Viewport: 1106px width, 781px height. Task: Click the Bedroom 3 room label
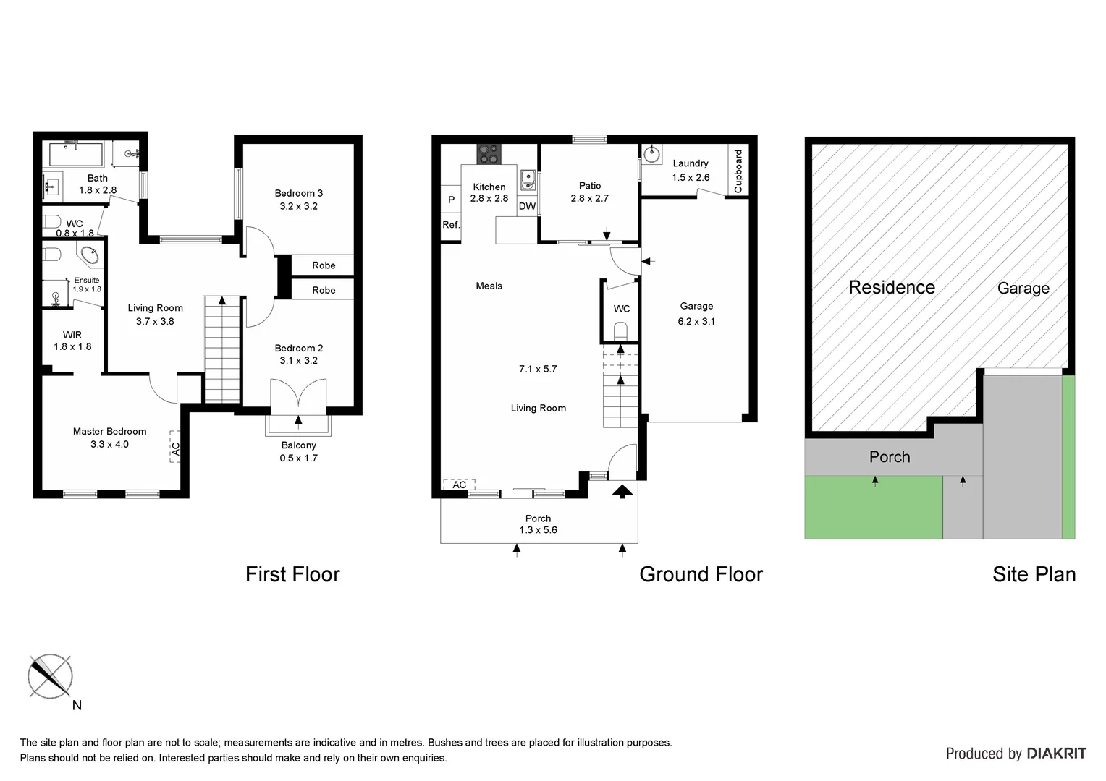coord(298,193)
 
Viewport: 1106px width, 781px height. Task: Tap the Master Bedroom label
coord(109,432)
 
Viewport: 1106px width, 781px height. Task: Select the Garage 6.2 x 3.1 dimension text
coord(696,322)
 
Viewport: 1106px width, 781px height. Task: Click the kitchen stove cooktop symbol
coord(489,154)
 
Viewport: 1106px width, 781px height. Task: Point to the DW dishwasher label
coord(527,206)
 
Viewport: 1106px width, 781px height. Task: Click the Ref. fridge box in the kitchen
coord(451,225)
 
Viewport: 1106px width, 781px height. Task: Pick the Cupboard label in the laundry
coord(738,171)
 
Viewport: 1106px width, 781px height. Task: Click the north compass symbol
coord(50,676)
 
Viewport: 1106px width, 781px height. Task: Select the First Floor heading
coord(292,574)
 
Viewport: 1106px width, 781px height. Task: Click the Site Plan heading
coord(1034,574)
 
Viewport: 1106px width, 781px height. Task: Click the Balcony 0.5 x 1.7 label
coord(298,451)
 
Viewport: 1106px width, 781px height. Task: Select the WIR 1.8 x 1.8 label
coord(72,341)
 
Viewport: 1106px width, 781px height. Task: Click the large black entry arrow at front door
coord(622,492)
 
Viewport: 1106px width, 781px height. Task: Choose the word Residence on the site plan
coord(891,288)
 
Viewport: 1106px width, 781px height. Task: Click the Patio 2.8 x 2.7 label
coord(589,192)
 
